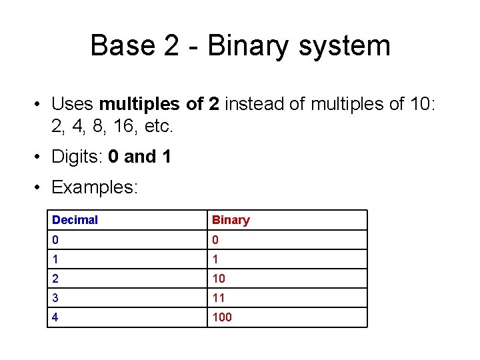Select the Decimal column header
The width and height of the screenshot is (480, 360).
pyautogui.click(x=75, y=220)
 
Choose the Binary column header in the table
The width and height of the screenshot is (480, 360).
pyautogui.click(x=231, y=220)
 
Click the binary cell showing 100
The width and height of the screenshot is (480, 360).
pyautogui.click(x=222, y=317)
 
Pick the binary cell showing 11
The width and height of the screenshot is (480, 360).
pyautogui.click(x=219, y=298)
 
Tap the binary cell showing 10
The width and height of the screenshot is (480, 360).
pyautogui.click(x=219, y=279)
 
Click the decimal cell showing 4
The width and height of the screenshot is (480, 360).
pyautogui.click(x=55, y=317)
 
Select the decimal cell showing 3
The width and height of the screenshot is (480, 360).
pyautogui.click(x=55, y=298)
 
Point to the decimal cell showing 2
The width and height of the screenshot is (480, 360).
pyautogui.click(x=55, y=279)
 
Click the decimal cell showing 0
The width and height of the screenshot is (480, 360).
pyautogui.click(x=55, y=239)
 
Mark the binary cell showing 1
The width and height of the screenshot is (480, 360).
pyautogui.click(x=215, y=259)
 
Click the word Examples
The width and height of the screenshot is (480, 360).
pyautogui.click(x=95, y=187)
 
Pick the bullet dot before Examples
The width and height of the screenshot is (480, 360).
pyautogui.click(x=40, y=187)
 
